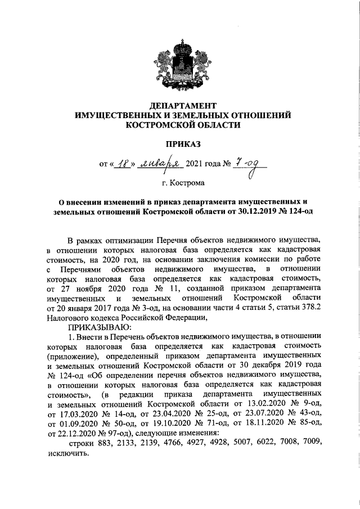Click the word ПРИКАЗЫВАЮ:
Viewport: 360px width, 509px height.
click(x=99, y=327)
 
